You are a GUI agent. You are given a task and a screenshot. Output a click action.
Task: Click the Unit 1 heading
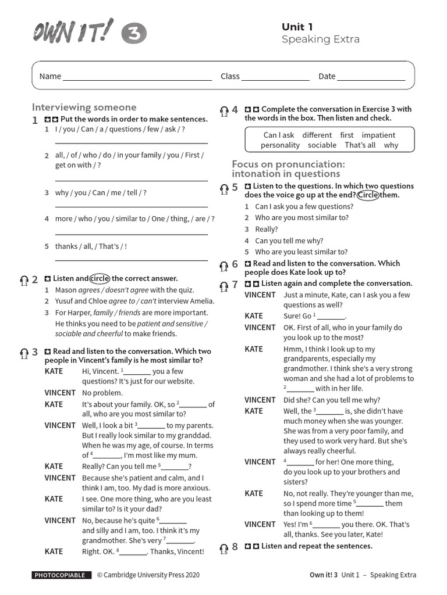(x=297, y=27)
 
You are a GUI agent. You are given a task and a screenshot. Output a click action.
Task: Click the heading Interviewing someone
(x=84, y=107)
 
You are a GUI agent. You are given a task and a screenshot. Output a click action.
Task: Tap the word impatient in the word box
(x=378, y=135)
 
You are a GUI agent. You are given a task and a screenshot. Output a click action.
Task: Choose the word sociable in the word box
(x=322, y=145)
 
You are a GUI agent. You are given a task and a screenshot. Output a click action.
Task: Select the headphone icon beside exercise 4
(x=224, y=111)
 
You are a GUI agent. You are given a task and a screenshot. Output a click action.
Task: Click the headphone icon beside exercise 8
(x=224, y=548)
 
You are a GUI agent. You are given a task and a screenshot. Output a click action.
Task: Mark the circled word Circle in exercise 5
(x=367, y=195)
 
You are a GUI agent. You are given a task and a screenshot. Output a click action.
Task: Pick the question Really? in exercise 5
(x=267, y=229)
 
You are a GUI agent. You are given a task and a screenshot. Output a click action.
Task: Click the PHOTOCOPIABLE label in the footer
(x=61, y=575)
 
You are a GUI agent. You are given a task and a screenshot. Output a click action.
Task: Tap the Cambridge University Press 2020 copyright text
(x=148, y=575)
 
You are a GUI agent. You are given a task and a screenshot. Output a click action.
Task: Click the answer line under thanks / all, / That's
(x=131, y=260)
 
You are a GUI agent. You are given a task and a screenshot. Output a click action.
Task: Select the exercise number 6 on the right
(x=235, y=264)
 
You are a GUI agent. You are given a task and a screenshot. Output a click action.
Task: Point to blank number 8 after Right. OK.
(x=134, y=552)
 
